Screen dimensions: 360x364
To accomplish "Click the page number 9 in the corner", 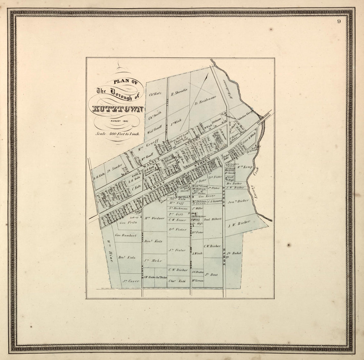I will [x=339, y=22].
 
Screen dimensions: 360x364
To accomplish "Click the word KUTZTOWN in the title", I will [x=117, y=109].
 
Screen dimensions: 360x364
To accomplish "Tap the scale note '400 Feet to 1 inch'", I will [x=117, y=134].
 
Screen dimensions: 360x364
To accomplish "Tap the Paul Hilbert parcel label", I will [x=212, y=219].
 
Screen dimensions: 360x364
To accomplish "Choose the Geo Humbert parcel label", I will [x=125, y=235].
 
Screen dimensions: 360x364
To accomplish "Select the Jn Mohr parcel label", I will [x=154, y=261].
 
